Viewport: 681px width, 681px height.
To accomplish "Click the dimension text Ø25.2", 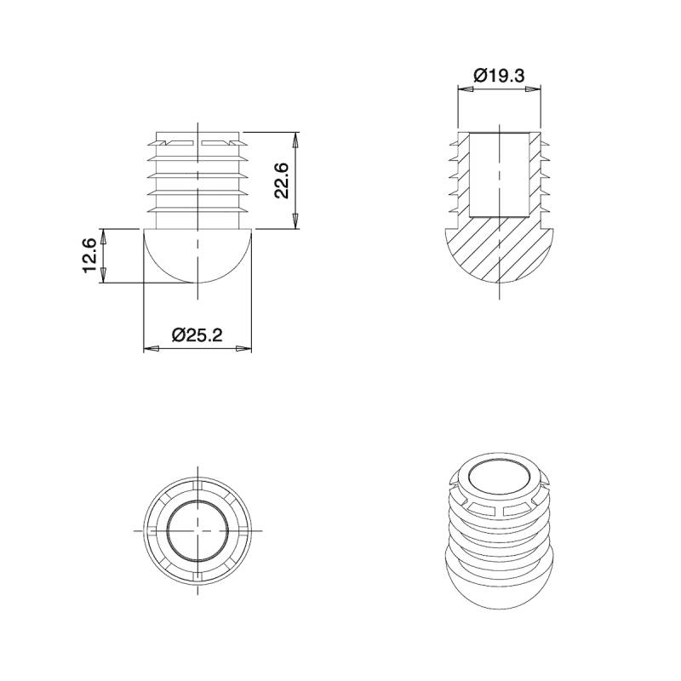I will tap(197, 335).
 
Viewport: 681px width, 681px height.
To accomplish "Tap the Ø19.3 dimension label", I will tap(499, 76).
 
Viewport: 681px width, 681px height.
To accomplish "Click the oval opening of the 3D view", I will tap(499, 477).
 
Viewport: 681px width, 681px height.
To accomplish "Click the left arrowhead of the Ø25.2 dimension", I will tap(149, 348).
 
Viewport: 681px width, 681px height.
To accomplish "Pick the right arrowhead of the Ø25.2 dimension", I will tap(248, 348).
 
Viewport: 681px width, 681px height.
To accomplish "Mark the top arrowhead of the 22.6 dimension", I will tap(295, 138).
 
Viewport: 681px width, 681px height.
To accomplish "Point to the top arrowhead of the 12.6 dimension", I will tap(102, 234).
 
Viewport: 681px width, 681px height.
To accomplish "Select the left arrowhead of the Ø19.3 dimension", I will tap(463, 89).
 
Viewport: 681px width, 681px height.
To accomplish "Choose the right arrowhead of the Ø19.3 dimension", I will tap(534, 89).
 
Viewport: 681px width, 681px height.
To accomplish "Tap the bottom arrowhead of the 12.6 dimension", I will tap(102, 278).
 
